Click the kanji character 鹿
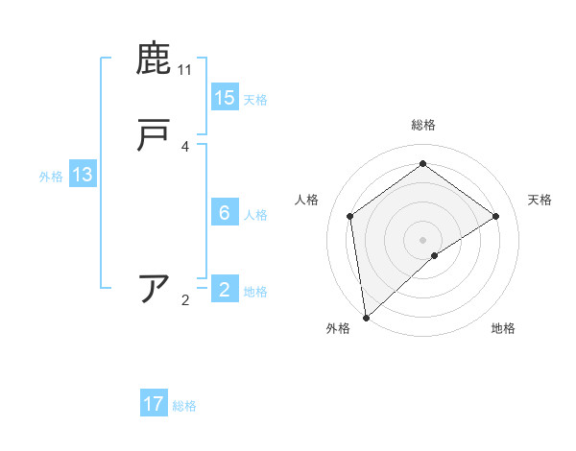pyautogui.click(x=154, y=59)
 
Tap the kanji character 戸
pyautogui.click(x=154, y=136)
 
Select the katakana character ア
pyautogui.click(x=154, y=289)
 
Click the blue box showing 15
pyautogui.click(x=225, y=97)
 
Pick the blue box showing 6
pyautogui.click(x=225, y=213)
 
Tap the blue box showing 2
pyautogui.click(x=225, y=289)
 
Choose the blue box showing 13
pyautogui.click(x=82, y=175)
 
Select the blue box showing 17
pyautogui.click(x=154, y=404)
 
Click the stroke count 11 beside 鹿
pyautogui.click(x=185, y=70)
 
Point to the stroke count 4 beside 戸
pyautogui.click(x=185, y=147)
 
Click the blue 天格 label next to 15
pyautogui.click(x=255, y=100)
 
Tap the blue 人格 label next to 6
pyautogui.click(x=255, y=215)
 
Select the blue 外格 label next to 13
pyautogui.click(x=51, y=177)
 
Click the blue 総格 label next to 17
pyautogui.click(x=184, y=406)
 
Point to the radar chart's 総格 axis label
pyautogui.click(x=422, y=125)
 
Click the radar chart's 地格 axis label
pyautogui.click(x=503, y=329)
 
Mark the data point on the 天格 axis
pyautogui.click(x=495, y=216)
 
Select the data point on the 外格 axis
pyautogui.click(x=365, y=317)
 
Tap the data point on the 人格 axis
pyautogui.click(x=350, y=216)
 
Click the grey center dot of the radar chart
pyautogui.click(x=422, y=239)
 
